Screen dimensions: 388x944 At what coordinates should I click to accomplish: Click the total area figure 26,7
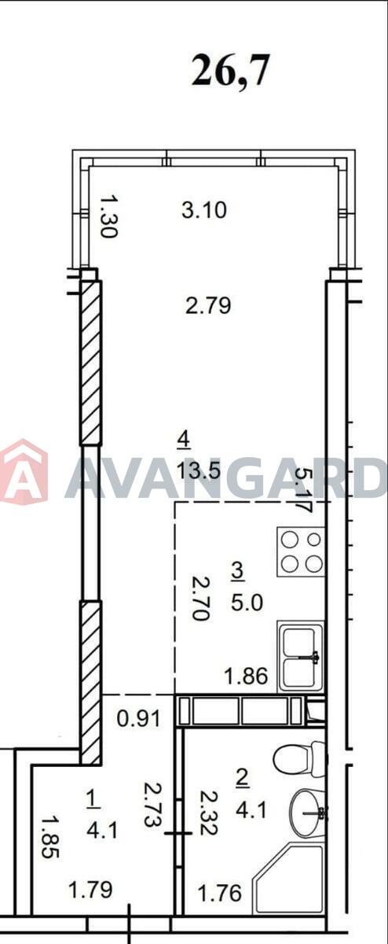click(x=230, y=71)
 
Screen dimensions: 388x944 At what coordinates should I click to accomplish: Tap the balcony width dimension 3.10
click(x=204, y=210)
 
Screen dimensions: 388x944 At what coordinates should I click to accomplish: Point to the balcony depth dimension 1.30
click(x=108, y=216)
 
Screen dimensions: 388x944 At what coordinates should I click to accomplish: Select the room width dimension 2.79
click(x=208, y=305)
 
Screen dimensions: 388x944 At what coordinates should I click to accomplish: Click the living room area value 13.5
click(x=199, y=470)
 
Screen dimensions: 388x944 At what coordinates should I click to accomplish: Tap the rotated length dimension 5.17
click(x=304, y=489)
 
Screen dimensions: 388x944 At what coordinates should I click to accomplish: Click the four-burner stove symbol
click(x=301, y=551)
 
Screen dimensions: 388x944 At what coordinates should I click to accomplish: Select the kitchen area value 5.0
click(x=247, y=603)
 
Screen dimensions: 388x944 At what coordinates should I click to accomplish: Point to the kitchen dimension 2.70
click(x=201, y=599)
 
